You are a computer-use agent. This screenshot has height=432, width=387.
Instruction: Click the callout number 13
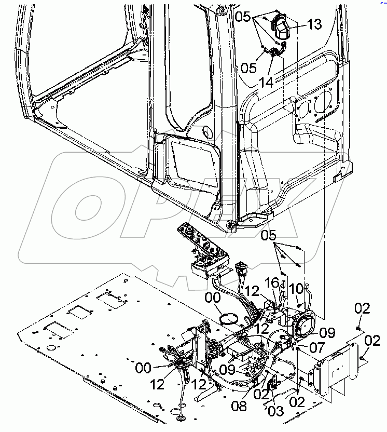point(314,24)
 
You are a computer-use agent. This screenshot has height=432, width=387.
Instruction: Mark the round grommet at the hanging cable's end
point(182,417)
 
